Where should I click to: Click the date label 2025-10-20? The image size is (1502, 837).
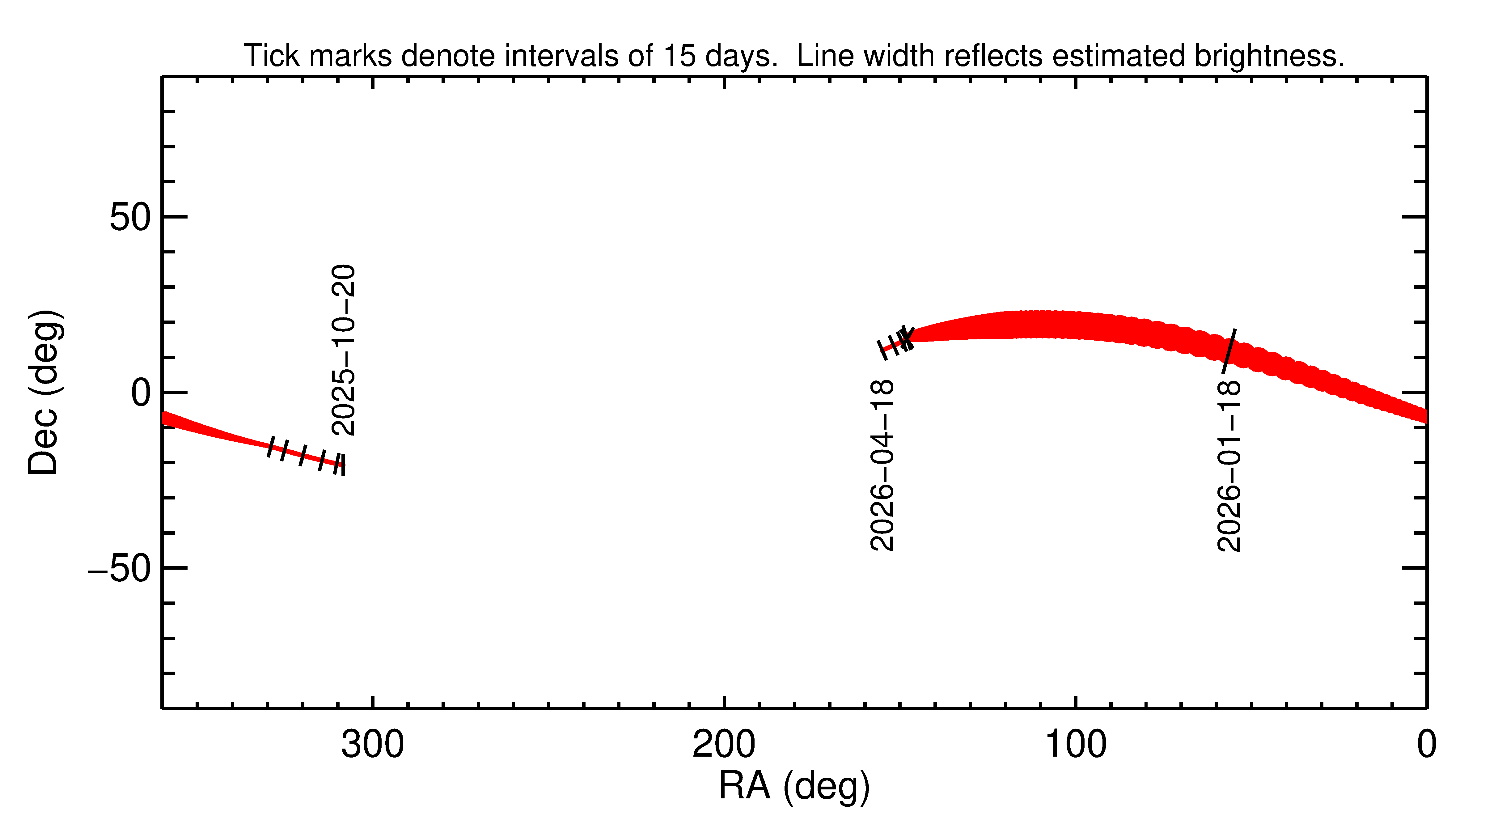pos(343,350)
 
